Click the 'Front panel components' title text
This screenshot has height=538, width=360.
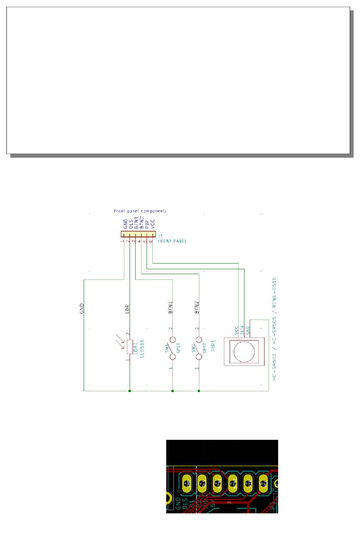(x=140, y=211)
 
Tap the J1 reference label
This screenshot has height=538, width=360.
(x=160, y=236)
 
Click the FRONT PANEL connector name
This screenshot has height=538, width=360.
(x=172, y=241)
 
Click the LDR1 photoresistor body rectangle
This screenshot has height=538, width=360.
(x=130, y=347)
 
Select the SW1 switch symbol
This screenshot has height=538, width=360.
(x=172, y=348)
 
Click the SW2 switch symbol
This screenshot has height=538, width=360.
(x=199, y=348)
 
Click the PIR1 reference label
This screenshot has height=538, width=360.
(x=213, y=345)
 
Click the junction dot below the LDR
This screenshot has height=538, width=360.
(x=130, y=391)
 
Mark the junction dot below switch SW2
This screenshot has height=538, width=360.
(x=199, y=391)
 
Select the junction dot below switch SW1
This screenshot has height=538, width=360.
(x=172, y=391)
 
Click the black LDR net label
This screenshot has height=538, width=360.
(x=127, y=309)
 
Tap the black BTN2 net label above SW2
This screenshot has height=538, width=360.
(x=197, y=307)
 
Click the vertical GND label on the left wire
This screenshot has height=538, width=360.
(x=81, y=309)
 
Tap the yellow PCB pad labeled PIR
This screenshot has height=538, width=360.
(x=248, y=483)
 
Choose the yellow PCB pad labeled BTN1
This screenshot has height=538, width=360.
(x=218, y=483)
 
